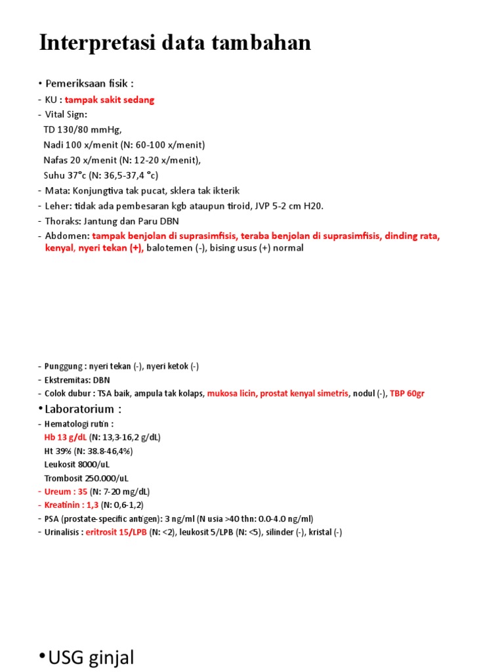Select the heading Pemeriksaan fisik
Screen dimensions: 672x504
(x=90, y=83)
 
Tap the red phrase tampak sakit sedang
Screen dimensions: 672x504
(x=110, y=100)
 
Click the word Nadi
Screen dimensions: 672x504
(x=54, y=144)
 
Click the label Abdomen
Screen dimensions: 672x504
(x=66, y=236)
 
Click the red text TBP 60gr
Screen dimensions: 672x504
(x=407, y=393)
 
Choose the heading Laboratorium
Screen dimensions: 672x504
(x=83, y=409)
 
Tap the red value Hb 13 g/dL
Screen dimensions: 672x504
(x=66, y=436)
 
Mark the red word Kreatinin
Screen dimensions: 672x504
(x=65, y=505)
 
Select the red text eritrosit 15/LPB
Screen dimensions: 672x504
(x=116, y=532)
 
